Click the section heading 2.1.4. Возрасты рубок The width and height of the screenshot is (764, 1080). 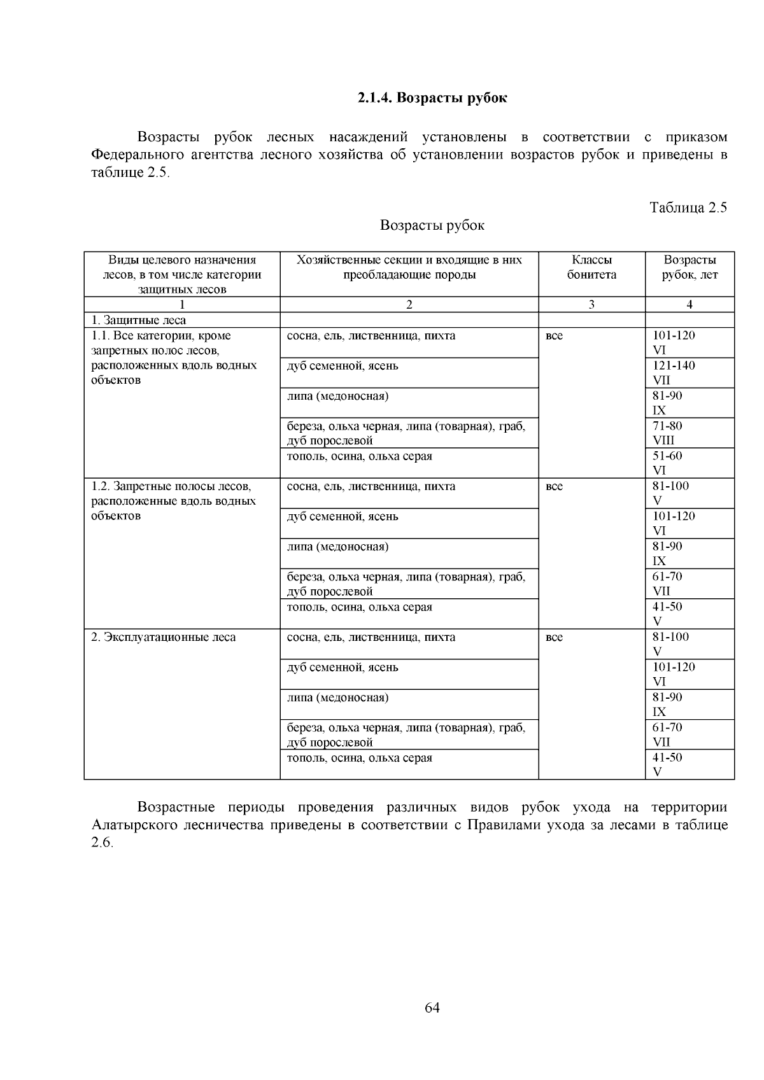pos(432,98)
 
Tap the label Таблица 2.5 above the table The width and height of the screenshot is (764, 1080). pos(688,207)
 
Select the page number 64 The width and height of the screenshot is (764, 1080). pos(432,1007)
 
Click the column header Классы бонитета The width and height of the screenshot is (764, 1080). pos(591,267)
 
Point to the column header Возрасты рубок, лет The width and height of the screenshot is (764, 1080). pos(690,267)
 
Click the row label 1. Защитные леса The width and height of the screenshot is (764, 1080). pos(139,320)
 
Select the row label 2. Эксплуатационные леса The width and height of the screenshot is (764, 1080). pos(164,637)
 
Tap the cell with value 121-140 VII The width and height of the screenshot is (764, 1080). pos(674,373)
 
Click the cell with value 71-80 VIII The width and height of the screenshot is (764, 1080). pos(667,433)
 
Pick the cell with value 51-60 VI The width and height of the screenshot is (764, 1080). pos(667,463)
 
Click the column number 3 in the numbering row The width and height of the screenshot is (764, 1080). pos(591,305)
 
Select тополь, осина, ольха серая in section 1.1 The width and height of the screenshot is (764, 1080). pos(360,456)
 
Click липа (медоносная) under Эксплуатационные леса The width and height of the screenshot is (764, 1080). pos(337,698)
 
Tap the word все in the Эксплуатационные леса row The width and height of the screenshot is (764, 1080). pos(555,637)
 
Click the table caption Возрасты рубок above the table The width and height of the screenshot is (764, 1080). pos(432,225)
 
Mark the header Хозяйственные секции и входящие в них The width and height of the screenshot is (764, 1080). pos(409,260)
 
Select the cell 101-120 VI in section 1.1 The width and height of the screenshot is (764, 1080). pos(674,342)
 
